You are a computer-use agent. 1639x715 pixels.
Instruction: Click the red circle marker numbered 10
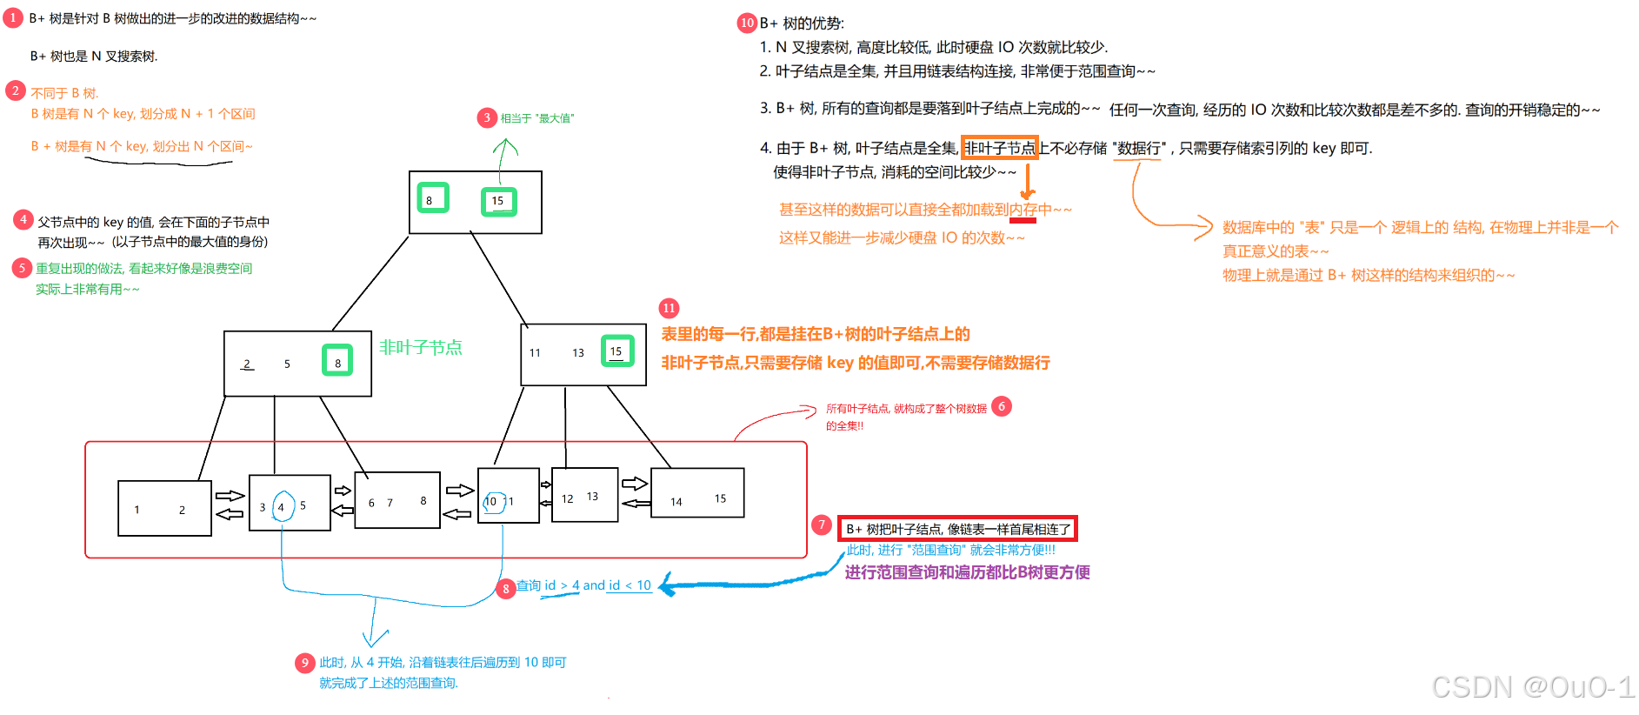pyautogui.click(x=747, y=23)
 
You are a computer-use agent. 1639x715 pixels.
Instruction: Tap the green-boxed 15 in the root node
pyautogui.click(x=498, y=201)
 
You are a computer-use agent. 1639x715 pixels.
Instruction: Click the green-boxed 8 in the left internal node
pyautogui.click(x=337, y=361)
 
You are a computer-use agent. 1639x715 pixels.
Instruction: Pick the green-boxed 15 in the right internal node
pyautogui.click(x=617, y=351)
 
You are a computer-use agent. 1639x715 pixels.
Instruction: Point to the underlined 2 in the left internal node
pyautogui.click(x=247, y=364)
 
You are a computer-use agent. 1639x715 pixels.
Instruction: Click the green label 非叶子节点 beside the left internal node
pyautogui.click(x=421, y=347)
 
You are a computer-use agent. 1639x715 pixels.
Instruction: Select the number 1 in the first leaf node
pyautogui.click(x=137, y=510)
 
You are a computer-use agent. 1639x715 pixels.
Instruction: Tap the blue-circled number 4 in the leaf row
pyautogui.click(x=282, y=507)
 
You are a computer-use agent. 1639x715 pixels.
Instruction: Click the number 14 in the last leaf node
pyautogui.click(x=676, y=502)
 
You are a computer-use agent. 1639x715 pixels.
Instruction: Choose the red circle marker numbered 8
pyautogui.click(x=505, y=589)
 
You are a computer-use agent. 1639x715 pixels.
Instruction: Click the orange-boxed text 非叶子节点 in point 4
pyautogui.click(x=999, y=148)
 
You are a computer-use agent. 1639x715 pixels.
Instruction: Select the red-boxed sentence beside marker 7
pyautogui.click(x=957, y=529)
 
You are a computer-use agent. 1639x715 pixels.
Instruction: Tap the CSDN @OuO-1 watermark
pyautogui.click(x=1533, y=687)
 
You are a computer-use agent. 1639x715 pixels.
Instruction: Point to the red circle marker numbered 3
pyautogui.click(x=487, y=117)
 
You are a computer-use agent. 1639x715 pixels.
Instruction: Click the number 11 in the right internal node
pyautogui.click(x=535, y=353)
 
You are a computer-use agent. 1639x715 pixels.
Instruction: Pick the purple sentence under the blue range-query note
pyautogui.click(x=967, y=572)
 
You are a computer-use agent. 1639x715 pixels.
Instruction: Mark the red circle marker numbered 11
pyautogui.click(x=669, y=308)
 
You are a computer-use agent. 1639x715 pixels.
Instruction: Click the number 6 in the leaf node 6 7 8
pyautogui.click(x=371, y=503)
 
